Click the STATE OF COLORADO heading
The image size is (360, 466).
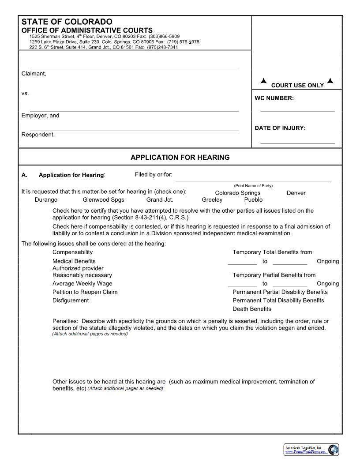pos(67,22)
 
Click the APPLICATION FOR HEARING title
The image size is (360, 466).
pos(180,157)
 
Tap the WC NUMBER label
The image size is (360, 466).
pos(274,98)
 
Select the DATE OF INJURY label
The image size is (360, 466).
pos(280,128)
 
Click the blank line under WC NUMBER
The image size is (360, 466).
pos(297,111)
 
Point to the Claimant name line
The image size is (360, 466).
pos(134,69)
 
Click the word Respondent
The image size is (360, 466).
pos(38,135)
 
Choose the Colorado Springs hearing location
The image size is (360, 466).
pos(237,193)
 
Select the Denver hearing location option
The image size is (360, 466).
pos(296,193)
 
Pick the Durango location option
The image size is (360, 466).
pos(46,200)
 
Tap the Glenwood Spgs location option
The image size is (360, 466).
pos(103,200)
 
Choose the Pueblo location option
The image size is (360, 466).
pos(253,200)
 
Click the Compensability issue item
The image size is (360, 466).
pos(72,252)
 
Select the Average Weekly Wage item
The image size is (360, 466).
pos(82,284)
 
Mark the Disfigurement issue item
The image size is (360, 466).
pos(71,301)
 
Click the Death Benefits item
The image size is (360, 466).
pos(251,309)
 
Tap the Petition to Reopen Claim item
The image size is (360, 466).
pos(85,292)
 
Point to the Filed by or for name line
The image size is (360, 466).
pos(253,180)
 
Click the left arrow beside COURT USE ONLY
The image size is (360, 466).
pos(263,81)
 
